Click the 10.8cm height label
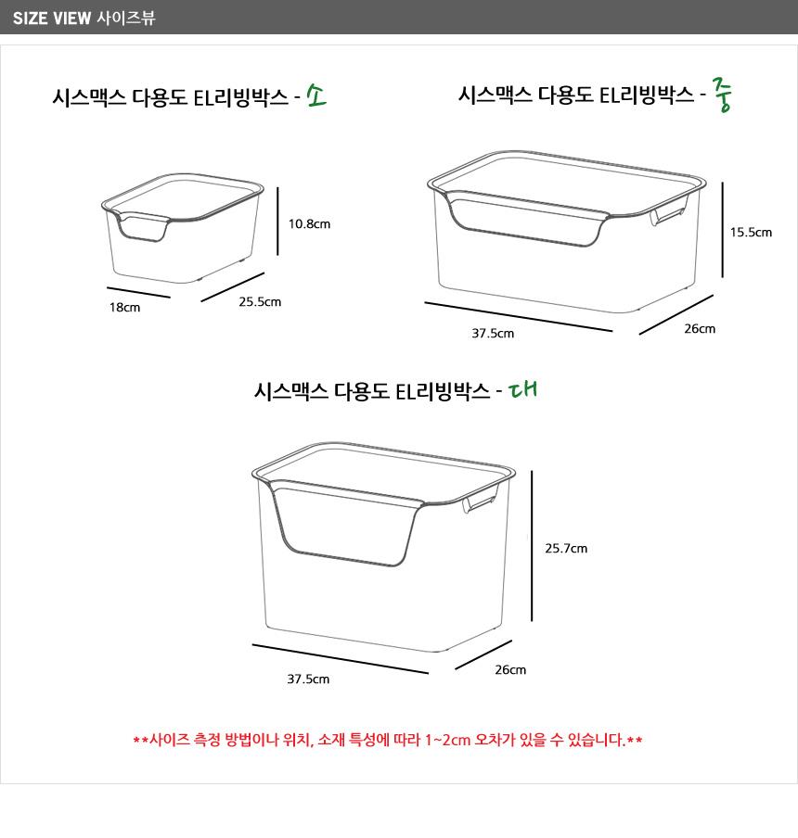309,224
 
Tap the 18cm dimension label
124,308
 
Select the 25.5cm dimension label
260,301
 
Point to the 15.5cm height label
751,232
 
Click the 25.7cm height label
566,548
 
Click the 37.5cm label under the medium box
493,333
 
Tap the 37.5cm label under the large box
308,679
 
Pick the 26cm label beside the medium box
700,328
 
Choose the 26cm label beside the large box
510,669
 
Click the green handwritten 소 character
316,95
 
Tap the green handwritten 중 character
722,94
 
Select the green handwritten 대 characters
522,389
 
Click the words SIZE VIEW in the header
52,19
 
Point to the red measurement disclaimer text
388,740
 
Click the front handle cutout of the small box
143,227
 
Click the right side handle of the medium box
669,210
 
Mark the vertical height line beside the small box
277,222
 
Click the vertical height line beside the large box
532,546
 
